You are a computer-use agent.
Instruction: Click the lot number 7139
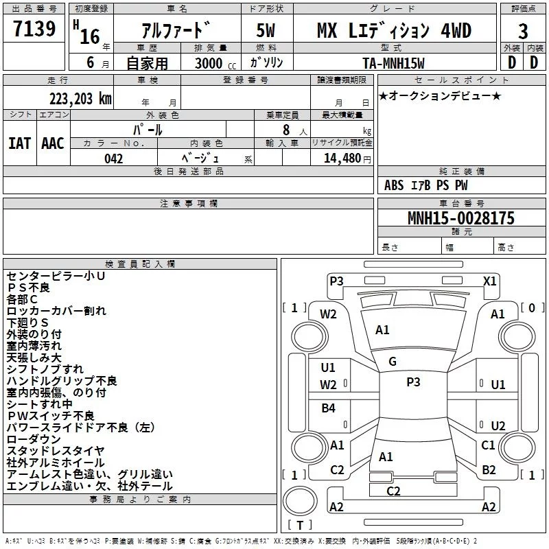(34, 28)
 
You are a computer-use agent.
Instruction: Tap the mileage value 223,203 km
(80, 99)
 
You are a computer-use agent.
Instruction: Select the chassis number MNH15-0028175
(461, 218)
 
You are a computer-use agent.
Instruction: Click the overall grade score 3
(523, 31)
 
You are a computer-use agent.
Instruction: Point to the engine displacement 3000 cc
(215, 63)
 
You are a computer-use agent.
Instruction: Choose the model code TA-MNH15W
(393, 63)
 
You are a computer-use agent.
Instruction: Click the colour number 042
(113, 159)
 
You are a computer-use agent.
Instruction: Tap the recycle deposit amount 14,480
(342, 158)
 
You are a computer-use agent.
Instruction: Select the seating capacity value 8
(286, 130)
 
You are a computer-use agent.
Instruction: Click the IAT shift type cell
(19, 143)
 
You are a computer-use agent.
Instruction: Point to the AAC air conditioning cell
(53, 143)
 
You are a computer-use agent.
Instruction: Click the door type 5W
(266, 30)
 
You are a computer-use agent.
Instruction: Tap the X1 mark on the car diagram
(489, 281)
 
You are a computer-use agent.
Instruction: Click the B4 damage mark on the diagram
(328, 408)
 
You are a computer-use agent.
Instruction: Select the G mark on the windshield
(393, 362)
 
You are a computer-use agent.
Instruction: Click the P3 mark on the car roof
(413, 382)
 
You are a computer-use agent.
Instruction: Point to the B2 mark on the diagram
(489, 469)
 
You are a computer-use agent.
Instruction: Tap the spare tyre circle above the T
(300, 500)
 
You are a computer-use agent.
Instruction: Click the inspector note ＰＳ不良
(28, 288)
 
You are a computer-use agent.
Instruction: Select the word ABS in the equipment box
(394, 185)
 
